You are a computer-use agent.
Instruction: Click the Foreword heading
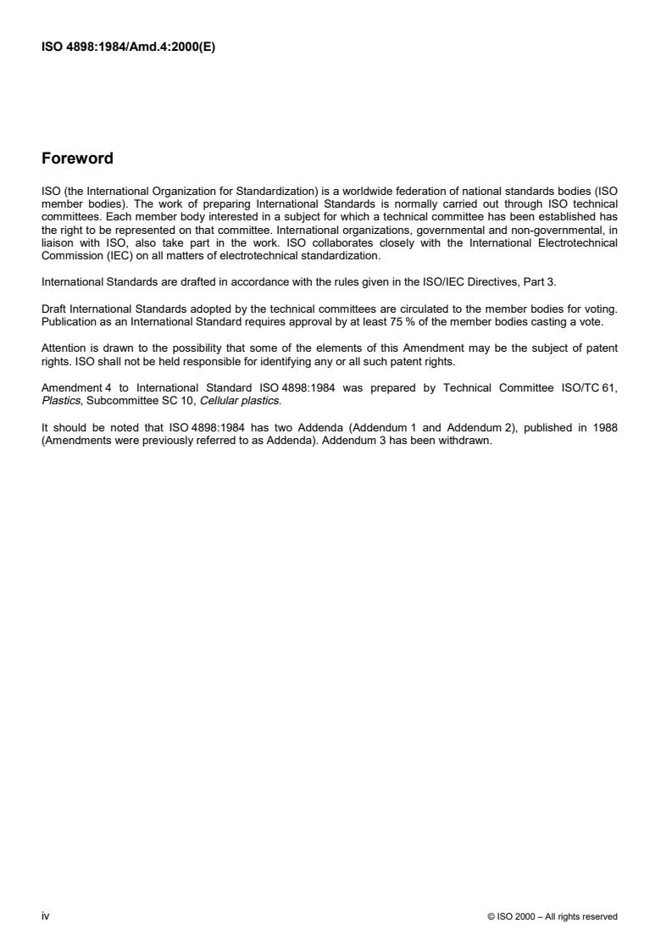coord(77,158)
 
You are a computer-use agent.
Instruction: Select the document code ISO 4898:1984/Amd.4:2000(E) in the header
coord(128,47)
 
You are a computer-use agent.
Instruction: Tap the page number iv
coord(45,915)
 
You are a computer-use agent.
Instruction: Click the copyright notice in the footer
coord(553,916)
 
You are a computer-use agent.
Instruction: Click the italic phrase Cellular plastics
coord(247,405)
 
